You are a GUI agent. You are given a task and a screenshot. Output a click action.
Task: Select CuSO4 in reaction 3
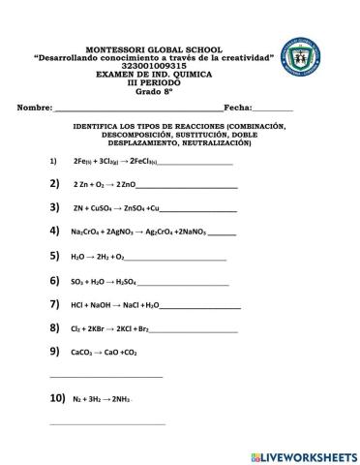tap(98, 208)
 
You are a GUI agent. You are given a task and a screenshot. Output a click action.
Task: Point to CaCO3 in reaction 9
tap(82, 354)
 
